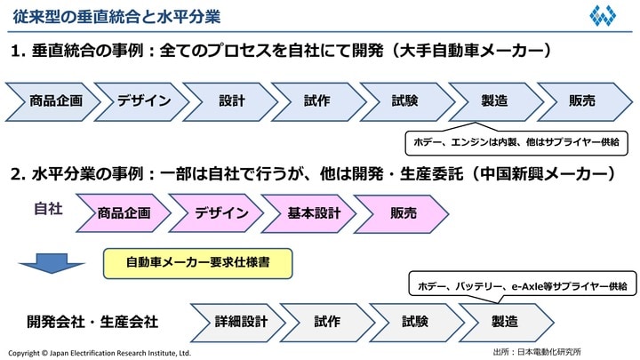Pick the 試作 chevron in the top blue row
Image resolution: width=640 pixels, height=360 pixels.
(x=318, y=101)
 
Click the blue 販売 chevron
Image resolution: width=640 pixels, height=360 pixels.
(x=582, y=101)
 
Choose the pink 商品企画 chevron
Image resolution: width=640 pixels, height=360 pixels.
(x=124, y=213)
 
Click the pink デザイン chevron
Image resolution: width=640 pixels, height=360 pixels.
(x=216, y=213)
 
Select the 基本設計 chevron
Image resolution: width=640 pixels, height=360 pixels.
(x=308, y=213)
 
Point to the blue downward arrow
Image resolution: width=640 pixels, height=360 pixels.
(x=52, y=263)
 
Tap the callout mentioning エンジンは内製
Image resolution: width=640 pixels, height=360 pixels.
(x=516, y=141)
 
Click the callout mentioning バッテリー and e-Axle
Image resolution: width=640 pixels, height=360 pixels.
(x=522, y=286)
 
